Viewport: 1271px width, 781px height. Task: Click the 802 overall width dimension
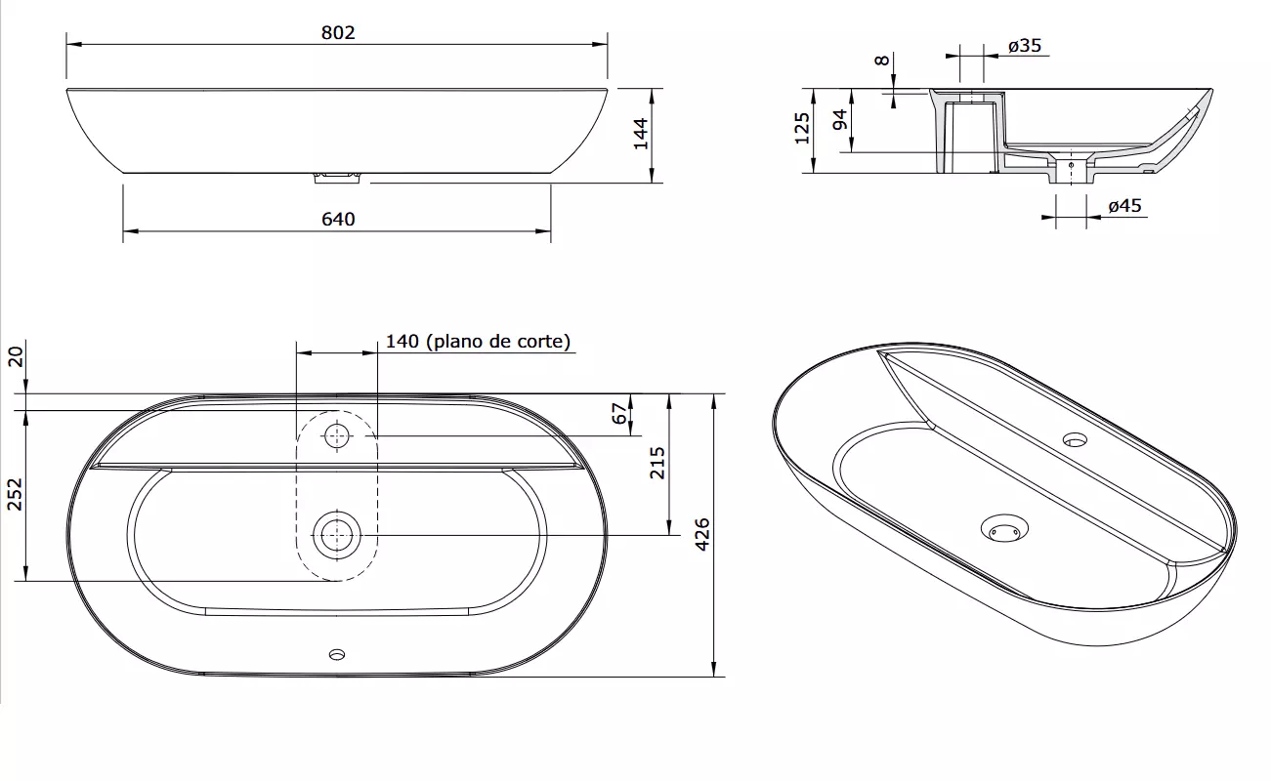[x=338, y=33]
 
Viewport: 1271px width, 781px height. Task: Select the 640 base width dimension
[x=338, y=220]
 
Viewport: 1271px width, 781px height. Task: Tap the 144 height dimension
[x=641, y=134]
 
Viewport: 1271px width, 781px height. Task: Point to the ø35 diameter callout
[x=1025, y=45]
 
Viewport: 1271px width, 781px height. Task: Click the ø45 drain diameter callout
[x=1124, y=206]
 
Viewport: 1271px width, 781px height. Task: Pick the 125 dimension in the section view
[x=802, y=128]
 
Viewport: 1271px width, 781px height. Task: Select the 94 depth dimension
[x=840, y=120]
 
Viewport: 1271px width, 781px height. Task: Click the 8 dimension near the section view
[x=882, y=60]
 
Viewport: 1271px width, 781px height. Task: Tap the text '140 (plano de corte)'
[x=478, y=342]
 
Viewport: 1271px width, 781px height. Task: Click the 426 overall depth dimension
[x=702, y=534]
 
